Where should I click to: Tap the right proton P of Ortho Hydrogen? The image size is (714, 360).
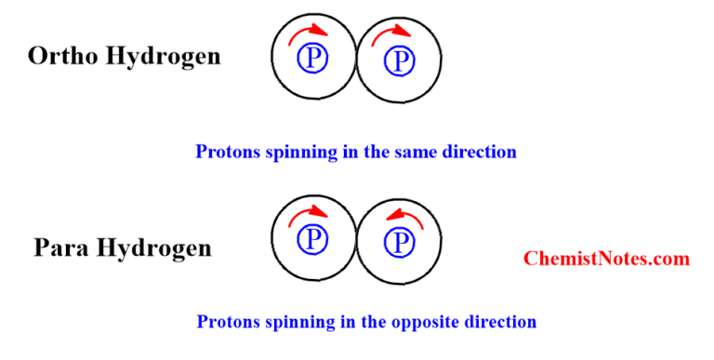tap(400, 60)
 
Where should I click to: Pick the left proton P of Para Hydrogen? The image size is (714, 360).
tap(312, 241)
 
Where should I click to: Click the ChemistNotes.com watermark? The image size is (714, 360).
tap(606, 259)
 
